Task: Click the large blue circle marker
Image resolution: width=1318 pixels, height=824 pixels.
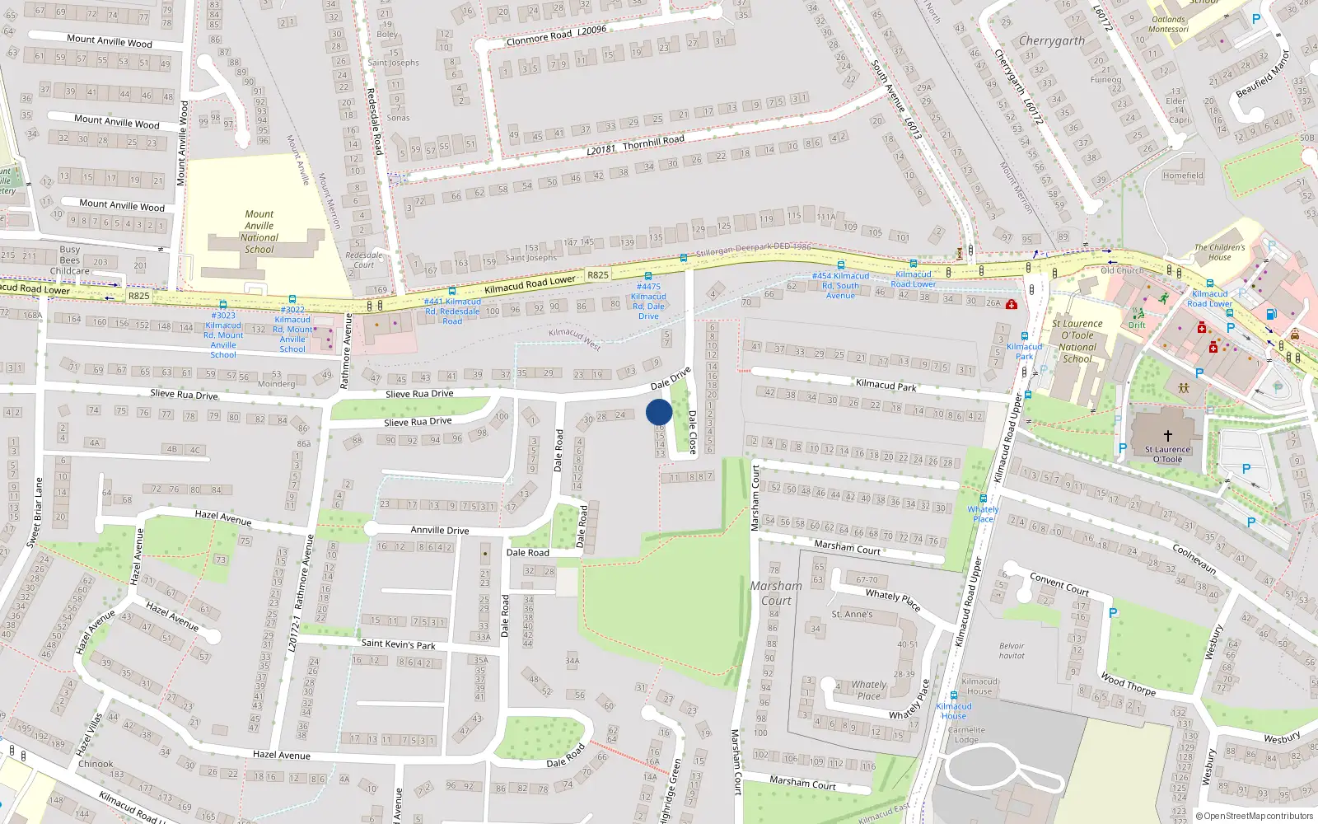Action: click(659, 412)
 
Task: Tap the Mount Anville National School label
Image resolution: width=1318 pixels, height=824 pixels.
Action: click(259, 232)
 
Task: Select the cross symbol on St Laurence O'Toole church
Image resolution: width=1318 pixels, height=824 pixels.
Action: click(1167, 436)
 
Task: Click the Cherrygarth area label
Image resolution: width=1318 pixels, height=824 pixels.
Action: click(1052, 40)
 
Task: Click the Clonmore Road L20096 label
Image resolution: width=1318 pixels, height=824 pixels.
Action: click(556, 35)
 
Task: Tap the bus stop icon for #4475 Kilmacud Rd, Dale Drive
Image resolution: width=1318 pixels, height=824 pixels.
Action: click(648, 276)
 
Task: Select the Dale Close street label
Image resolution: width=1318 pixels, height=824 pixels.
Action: click(692, 432)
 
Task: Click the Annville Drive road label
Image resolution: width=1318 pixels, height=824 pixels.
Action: click(440, 530)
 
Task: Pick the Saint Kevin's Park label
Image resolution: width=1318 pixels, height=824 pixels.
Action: click(398, 644)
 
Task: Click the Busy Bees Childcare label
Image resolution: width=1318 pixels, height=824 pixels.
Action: click(70, 260)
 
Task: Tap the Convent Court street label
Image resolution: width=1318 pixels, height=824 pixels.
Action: click(1059, 584)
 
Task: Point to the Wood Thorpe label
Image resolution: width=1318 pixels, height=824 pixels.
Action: click(1129, 684)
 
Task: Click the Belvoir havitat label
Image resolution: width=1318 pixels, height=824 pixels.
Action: click(1012, 651)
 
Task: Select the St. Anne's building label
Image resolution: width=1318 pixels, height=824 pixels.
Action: click(852, 614)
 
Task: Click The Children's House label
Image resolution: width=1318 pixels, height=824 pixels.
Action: click(1220, 252)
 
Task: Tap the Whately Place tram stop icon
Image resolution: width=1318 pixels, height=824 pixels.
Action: click(983, 499)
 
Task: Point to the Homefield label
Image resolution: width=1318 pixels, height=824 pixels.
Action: click(1183, 176)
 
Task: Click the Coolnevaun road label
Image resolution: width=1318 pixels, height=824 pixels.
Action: click(1194, 558)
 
